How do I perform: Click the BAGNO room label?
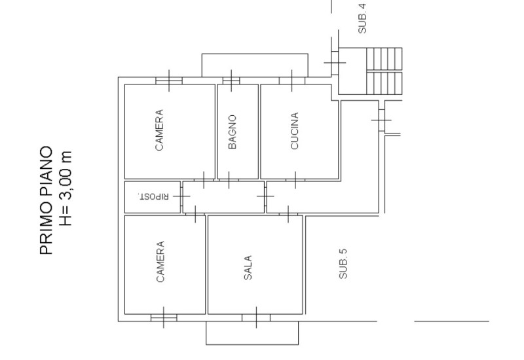point(233,132)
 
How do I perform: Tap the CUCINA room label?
point(294,131)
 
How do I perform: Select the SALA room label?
point(248,268)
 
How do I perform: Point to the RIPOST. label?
point(153,196)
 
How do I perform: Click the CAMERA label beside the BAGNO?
point(159,130)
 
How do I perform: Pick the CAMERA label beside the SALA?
point(160,262)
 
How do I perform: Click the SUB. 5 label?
point(343,264)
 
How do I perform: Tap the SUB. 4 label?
point(362,18)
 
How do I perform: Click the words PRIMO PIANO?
point(46,200)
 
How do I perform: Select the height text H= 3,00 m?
point(65,189)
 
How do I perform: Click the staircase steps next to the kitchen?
point(384,71)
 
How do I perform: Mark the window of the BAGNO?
point(231,81)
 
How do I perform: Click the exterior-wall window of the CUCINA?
point(292,81)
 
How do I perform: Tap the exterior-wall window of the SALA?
point(256,317)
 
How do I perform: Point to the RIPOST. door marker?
point(181,196)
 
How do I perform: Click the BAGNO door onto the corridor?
point(229,180)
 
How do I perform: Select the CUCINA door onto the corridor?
point(295,180)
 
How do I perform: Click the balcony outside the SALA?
point(252,333)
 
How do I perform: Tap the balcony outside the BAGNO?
point(255,65)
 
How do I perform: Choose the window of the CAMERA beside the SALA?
point(164,317)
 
